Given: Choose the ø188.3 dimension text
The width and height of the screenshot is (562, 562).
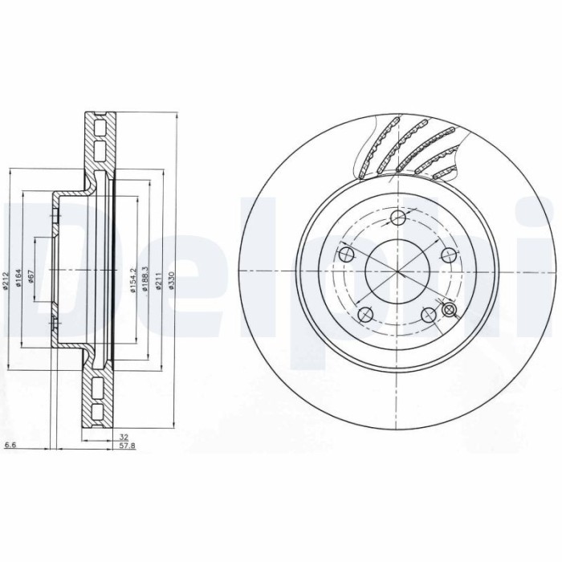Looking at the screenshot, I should (145, 279).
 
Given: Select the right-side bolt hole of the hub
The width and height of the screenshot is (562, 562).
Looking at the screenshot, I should (451, 255).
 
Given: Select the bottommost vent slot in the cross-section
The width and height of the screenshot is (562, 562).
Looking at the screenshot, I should (99, 413).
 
